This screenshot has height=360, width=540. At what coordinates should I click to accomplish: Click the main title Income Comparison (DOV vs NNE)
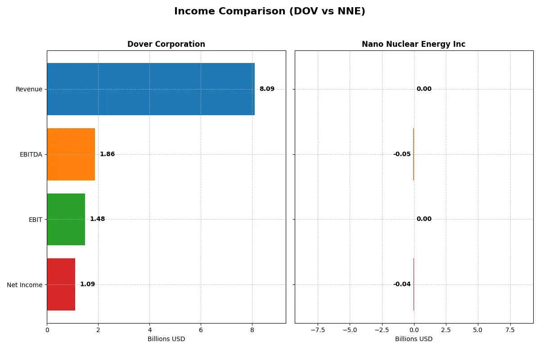coord(270,12)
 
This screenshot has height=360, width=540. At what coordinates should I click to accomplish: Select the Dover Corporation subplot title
coord(166,44)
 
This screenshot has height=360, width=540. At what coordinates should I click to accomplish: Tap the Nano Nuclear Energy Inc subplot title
coord(414,44)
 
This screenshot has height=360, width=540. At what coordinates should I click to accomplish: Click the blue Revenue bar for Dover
coord(151,89)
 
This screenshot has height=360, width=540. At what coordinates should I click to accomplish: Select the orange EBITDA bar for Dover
coord(71,154)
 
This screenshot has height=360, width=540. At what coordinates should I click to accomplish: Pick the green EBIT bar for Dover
coord(66,219)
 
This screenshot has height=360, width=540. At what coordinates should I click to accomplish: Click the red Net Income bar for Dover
coord(61,284)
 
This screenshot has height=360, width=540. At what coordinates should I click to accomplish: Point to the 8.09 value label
coord(267,89)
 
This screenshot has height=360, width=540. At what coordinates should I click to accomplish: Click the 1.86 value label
coord(107,154)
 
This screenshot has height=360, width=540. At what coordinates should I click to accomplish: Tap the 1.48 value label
coord(97,219)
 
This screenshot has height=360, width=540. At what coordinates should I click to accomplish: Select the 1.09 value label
coord(87,284)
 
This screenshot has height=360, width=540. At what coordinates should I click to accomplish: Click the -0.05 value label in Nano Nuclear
coord(402,154)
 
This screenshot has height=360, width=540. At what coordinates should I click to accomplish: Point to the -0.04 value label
coord(402,284)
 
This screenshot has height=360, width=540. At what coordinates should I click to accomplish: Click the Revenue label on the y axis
coord(29,89)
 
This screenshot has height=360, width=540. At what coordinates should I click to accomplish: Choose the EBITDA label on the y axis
coord(31,154)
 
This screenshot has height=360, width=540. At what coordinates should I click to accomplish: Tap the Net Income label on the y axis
coord(25,284)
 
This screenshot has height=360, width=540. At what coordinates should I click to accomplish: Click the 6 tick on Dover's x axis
coord(201,330)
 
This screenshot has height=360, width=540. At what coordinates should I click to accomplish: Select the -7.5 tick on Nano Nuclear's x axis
coord(318,330)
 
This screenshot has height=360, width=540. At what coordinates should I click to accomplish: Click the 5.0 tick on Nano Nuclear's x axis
coord(478,330)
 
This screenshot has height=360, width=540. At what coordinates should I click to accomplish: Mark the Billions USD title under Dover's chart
coord(166,339)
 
